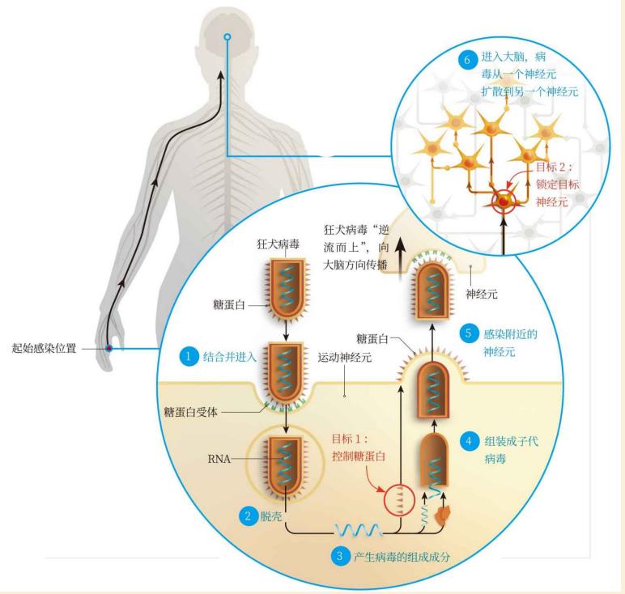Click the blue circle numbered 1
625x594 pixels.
(188, 355)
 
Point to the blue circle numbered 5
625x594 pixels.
(466, 332)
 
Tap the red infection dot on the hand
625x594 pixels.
(108, 349)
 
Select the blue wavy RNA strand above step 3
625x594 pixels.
(354, 530)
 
